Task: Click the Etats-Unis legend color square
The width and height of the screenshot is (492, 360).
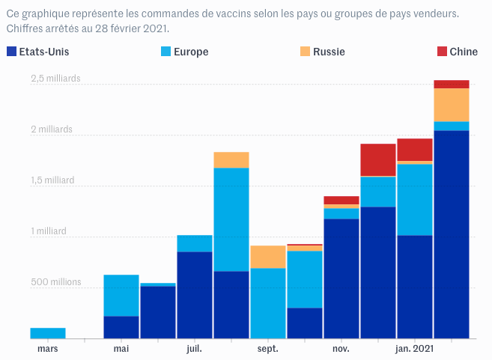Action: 11,52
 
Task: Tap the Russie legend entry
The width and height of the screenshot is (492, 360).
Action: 329,52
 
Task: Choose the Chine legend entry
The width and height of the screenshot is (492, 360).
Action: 463,52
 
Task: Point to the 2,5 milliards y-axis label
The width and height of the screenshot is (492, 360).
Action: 55,79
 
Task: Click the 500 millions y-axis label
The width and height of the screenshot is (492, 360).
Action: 55,282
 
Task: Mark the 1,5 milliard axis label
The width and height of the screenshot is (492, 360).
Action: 52,180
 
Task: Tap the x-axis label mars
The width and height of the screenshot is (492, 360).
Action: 47,349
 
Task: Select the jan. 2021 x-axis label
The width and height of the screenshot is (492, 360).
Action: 413,349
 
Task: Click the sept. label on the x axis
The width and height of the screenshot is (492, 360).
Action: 267,349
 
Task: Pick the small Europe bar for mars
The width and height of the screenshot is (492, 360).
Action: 47,333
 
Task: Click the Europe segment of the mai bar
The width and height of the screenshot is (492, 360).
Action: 121,295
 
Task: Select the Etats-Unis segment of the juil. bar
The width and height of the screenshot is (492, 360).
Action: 194,295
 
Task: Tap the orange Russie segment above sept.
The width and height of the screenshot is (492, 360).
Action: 267,257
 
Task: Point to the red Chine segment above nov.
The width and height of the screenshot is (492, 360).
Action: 341,200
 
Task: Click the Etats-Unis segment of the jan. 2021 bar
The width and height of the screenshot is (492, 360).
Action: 414,287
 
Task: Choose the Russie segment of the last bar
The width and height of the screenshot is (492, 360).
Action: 451,105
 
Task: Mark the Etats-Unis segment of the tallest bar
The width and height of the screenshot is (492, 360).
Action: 451,234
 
